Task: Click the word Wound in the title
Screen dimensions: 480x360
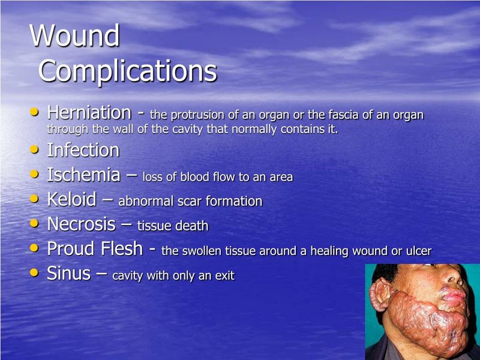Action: pyautogui.click(x=74, y=35)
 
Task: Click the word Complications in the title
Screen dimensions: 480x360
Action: pyautogui.click(x=128, y=71)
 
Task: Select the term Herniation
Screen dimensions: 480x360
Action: pyautogui.click(x=89, y=112)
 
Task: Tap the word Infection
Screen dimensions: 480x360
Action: pyautogui.click(x=83, y=150)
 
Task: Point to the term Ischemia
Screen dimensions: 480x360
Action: pyautogui.click(x=83, y=175)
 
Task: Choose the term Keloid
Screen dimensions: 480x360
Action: pyautogui.click(x=72, y=199)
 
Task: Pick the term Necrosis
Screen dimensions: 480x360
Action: pyautogui.click(x=82, y=224)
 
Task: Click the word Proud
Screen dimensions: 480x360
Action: pyautogui.click(x=71, y=248)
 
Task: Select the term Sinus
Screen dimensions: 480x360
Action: pyautogui.click(x=69, y=273)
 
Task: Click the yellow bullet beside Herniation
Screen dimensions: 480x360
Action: pyautogui.click(x=34, y=112)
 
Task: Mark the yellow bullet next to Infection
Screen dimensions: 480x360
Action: pyautogui.click(x=34, y=149)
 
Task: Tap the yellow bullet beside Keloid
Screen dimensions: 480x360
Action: pyautogui.click(x=34, y=199)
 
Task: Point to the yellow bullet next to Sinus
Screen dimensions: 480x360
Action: pyautogui.click(x=34, y=272)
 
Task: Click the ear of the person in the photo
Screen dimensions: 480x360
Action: pyautogui.click(x=380, y=295)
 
